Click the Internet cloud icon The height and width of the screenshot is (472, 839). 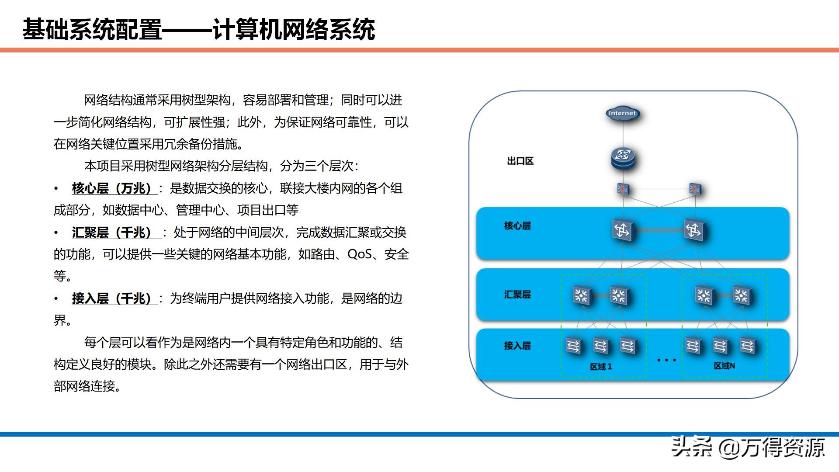(x=622, y=113)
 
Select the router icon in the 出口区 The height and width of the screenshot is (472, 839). (x=623, y=159)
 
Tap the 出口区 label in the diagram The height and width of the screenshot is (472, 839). (x=520, y=161)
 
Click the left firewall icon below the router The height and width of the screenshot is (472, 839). (x=623, y=189)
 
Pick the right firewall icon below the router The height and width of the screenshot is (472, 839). (x=695, y=189)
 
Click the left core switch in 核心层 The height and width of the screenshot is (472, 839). (x=623, y=229)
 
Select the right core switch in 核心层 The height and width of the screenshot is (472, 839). (x=694, y=229)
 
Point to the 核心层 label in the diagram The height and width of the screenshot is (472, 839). (x=517, y=226)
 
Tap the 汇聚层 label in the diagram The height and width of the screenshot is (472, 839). (x=517, y=295)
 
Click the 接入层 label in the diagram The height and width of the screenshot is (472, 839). (x=517, y=346)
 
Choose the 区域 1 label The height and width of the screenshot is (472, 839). (x=601, y=366)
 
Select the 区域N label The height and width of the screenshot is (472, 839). (x=724, y=366)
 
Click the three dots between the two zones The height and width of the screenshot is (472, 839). (x=666, y=360)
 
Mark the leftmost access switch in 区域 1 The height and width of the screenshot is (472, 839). (x=573, y=346)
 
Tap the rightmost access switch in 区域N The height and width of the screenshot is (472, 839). (x=748, y=346)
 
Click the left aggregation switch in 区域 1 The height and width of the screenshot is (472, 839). (x=582, y=296)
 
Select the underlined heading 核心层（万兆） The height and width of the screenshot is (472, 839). (x=112, y=188)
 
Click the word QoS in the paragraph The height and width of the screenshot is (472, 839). (x=359, y=254)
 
